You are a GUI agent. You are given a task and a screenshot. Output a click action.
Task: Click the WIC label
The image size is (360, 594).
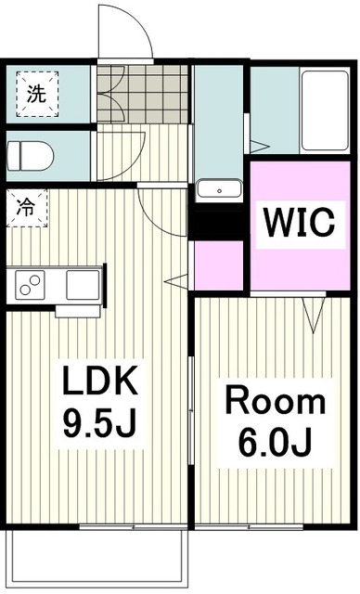pyautogui.click(x=300, y=222)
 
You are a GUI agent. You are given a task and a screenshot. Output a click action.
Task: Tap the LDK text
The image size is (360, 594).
pyautogui.click(x=99, y=380)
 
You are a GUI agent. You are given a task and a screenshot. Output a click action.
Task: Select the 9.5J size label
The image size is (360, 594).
pyautogui.click(x=99, y=423)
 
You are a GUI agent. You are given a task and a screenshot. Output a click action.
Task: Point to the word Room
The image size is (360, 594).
pyautogui.click(x=276, y=401)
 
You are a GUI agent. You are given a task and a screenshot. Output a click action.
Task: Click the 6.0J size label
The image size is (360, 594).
pyautogui.click(x=276, y=443)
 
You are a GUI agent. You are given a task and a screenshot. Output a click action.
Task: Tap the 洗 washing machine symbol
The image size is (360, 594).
pyautogui.click(x=37, y=94)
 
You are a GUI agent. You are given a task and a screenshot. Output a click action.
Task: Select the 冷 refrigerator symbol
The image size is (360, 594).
pyautogui.click(x=27, y=208)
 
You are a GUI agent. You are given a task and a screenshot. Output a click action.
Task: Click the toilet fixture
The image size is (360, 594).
pyautogui.click(x=30, y=156)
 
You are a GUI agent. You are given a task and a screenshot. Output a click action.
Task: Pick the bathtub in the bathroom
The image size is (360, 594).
pyautogui.click(x=325, y=110)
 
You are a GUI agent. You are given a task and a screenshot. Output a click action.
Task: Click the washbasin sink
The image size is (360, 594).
pyautogui.click(x=219, y=188)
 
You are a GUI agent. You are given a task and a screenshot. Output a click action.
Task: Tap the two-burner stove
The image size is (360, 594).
pyautogui.click(x=30, y=285)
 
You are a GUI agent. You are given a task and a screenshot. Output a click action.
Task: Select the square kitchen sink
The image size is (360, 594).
pyautogui.click(x=83, y=285)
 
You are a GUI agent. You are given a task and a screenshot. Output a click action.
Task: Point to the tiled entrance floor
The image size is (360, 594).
pyautogui.click(x=142, y=94)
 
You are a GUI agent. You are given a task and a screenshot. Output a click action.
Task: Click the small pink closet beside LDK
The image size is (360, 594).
pyautogui.click(x=218, y=265)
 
